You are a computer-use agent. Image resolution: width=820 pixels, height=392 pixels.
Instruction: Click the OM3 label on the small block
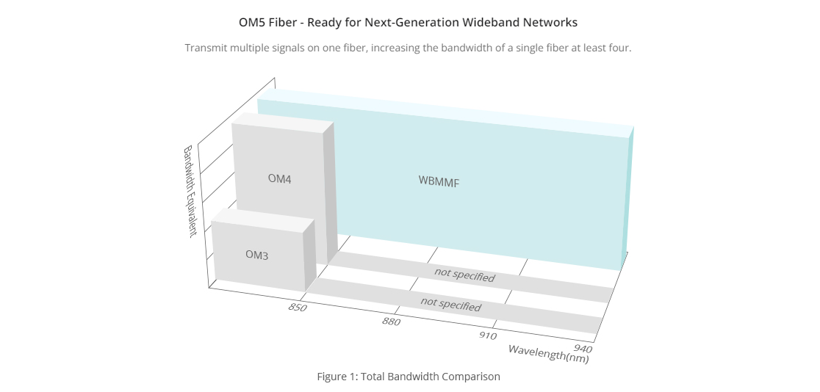pos(256,255)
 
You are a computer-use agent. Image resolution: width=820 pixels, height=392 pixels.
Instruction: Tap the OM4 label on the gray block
pos(280,179)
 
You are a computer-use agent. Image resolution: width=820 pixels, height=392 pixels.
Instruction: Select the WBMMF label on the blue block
pos(439,181)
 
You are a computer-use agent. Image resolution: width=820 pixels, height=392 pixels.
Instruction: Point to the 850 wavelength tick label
pos(297,308)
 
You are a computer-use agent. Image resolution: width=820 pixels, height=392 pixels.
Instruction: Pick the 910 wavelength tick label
pos(487,335)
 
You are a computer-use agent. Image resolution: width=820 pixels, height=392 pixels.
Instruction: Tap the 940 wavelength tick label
pos(583,348)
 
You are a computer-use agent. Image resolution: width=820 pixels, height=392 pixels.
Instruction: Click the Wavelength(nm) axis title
pos(549,354)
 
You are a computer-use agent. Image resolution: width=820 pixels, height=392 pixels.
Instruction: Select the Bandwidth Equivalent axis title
pos(190,192)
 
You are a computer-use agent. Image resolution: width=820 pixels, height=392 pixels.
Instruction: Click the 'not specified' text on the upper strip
pos(464,275)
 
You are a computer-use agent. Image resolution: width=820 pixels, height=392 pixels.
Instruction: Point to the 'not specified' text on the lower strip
pos(450,304)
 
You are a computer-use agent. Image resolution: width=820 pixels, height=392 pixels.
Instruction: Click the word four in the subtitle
pos(621,48)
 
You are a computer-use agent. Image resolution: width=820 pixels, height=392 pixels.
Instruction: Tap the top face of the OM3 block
pos(263,220)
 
